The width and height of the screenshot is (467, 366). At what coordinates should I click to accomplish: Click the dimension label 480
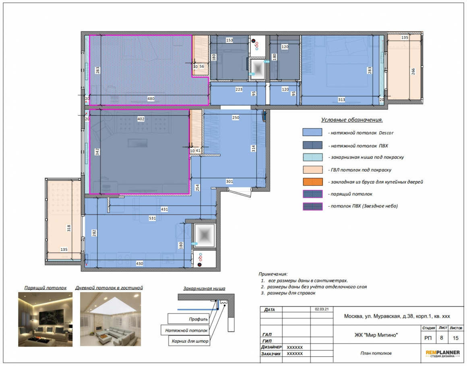click(151, 99)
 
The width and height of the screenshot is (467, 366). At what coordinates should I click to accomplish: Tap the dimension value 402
click(141, 119)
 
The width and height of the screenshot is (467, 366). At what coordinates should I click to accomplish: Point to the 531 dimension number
click(153, 218)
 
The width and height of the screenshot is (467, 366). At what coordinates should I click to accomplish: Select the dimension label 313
click(342, 100)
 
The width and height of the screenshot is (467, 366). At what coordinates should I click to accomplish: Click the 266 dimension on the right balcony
click(413, 72)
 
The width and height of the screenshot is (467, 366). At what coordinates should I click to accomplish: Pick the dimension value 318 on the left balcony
click(69, 228)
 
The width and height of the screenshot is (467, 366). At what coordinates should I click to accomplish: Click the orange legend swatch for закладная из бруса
click(313, 182)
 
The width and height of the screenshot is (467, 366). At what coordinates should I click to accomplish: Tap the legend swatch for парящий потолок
click(313, 194)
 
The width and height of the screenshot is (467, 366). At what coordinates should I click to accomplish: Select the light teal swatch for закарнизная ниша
click(313, 157)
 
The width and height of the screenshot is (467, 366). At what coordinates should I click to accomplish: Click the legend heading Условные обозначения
click(352, 120)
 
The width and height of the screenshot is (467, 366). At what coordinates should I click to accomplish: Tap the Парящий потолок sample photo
click(45, 319)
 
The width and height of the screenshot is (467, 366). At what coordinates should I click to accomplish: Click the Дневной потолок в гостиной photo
click(110, 319)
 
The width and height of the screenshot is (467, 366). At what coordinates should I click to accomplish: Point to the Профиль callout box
click(188, 318)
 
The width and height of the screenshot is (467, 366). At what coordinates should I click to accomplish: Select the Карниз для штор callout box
click(190, 341)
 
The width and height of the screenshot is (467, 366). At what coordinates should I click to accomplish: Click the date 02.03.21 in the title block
click(322, 309)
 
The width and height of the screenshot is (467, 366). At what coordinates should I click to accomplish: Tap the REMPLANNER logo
click(442, 354)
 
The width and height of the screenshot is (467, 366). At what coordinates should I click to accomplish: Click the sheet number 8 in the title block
click(442, 338)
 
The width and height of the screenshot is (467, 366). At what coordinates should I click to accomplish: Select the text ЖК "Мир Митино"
click(376, 335)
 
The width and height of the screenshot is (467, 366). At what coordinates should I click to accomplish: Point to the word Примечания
click(273, 274)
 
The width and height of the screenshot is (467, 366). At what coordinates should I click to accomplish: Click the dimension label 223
click(239, 89)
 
